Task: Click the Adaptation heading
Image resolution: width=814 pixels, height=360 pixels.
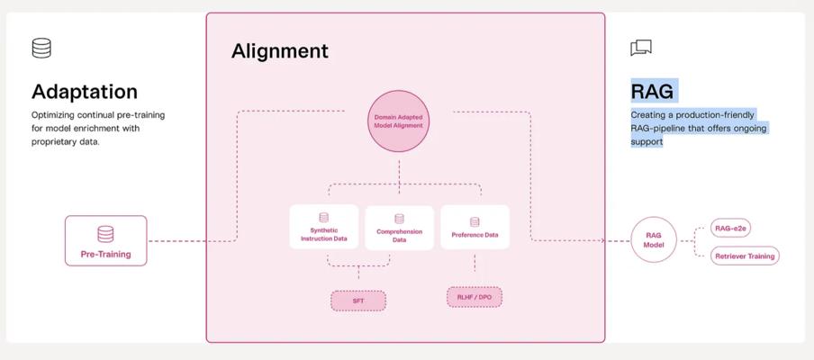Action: tap(85, 92)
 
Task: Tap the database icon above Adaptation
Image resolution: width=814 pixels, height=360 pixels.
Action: tap(41, 48)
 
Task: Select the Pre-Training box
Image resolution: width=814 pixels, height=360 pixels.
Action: tap(105, 240)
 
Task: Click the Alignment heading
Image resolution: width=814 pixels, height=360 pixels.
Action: tap(280, 51)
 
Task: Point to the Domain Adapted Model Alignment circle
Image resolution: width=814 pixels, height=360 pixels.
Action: tap(398, 121)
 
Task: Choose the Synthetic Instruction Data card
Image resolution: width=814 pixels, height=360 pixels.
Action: tap(323, 228)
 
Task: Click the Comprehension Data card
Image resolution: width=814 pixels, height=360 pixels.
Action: tap(399, 228)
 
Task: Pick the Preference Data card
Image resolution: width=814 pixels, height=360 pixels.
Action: tap(475, 228)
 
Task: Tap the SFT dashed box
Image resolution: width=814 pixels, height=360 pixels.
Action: tap(357, 301)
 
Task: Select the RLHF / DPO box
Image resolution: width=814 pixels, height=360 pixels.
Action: tap(474, 296)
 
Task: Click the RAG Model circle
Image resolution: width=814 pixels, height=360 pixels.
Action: tap(654, 239)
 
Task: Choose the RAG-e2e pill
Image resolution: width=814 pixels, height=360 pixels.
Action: tap(730, 229)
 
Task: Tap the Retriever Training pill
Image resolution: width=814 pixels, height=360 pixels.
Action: tap(744, 256)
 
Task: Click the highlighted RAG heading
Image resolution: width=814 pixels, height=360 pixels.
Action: tap(652, 92)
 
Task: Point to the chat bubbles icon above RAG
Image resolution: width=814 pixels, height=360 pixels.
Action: tap(641, 48)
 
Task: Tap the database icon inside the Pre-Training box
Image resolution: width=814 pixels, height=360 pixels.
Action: tap(105, 234)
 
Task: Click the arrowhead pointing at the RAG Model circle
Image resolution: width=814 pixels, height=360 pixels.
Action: tap(627, 240)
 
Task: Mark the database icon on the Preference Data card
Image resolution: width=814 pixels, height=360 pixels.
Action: tap(475, 221)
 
